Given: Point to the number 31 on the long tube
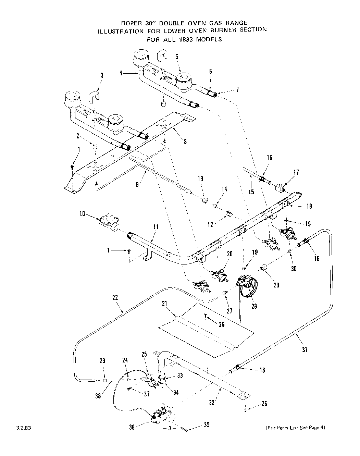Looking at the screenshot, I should coord(305,349).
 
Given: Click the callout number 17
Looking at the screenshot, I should coord(296,172).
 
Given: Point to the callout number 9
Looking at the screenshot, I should coord(137,184).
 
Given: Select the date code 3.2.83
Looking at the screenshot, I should coord(22,428).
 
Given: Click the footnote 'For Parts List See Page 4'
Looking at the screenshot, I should coord(295,427).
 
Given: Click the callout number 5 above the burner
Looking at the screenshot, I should coord(177,57).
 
